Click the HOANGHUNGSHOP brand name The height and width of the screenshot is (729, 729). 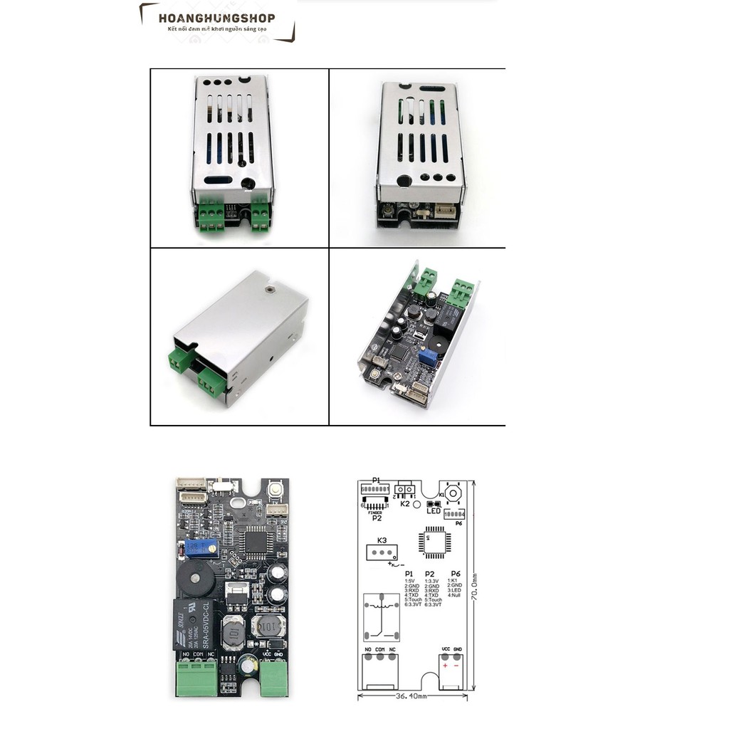(217, 19)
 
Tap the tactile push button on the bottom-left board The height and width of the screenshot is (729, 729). (274, 491)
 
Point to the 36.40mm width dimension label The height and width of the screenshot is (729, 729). (412, 696)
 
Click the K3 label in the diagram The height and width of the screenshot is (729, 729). (382, 540)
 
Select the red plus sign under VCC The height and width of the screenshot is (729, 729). (445, 666)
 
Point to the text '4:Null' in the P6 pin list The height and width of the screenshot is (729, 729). (455, 595)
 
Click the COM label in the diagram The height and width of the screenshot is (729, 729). (380, 650)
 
